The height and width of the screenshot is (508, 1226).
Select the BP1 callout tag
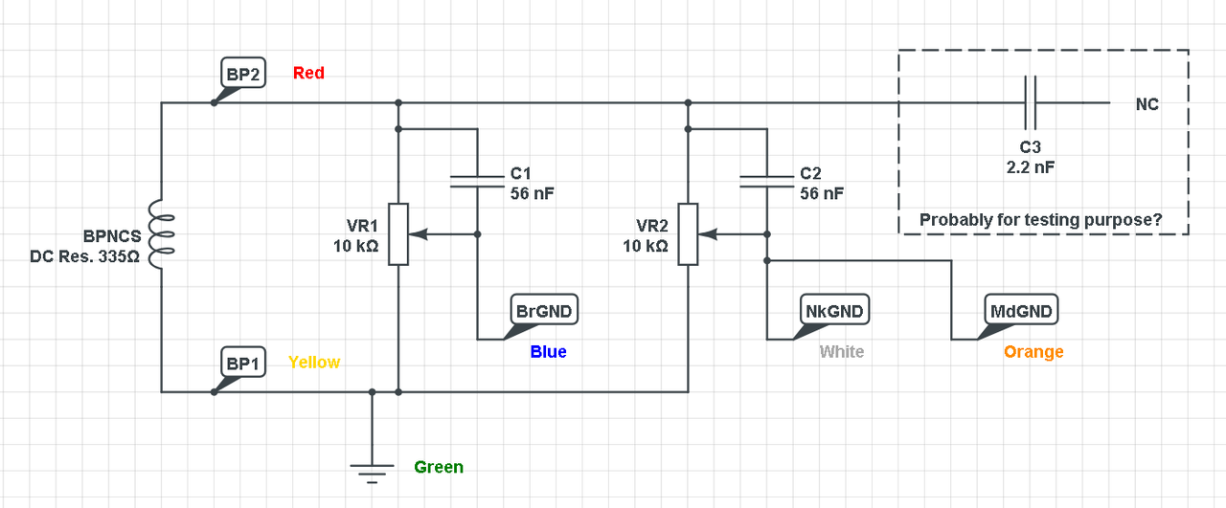[x=242, y=364]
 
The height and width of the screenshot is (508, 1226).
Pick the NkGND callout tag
[x=833, y=311]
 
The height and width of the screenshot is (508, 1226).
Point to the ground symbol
[x=373, y=470]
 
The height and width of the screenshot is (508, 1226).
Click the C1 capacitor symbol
[x=477, y=181]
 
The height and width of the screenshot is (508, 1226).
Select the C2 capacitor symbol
[x=766, y=181]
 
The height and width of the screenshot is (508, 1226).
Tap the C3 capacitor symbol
[x=1030, y=102]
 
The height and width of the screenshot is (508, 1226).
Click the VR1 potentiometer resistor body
[x=397, y=233]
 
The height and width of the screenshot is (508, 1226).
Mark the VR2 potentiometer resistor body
[x=687, y=233]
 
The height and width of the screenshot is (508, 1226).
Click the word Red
[x=308, y=73]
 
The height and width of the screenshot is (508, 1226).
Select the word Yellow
[x=314, y=363]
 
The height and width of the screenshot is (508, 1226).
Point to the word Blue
[x=548, y=352]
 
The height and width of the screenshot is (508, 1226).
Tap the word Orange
[x=1033, y=352]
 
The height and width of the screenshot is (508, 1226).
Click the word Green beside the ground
[x=439, y=468]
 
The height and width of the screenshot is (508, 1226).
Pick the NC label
[x=1147, y=104]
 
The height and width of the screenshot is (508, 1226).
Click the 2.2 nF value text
[x=1030, y=166]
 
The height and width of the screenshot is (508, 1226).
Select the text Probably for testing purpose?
[x=1041, y=220]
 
